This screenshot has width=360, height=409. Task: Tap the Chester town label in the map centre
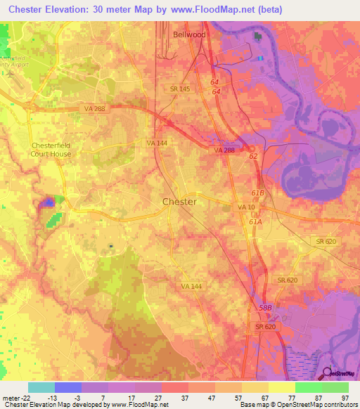pos(179,202)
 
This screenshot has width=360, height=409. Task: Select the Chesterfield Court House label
pos(51,150)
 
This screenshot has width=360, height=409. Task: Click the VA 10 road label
pos(246,207)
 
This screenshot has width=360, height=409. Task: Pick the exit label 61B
pos(257,193)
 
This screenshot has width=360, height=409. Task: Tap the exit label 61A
pos(255,221)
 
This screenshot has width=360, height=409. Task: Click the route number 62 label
pos(253,157)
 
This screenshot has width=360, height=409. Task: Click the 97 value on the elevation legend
pos(345,397)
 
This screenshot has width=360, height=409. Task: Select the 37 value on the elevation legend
pos(184,397)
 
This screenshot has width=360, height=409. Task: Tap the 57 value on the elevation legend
pos(238,397)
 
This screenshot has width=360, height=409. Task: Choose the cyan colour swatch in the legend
pos(41,387)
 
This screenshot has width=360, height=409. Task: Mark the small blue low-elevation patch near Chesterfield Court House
pos(49,202)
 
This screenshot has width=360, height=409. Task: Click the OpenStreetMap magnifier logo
pos(328,372)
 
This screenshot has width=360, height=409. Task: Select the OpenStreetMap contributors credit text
pos(309,405)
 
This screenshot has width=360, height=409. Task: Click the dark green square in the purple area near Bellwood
pos(257,35)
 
